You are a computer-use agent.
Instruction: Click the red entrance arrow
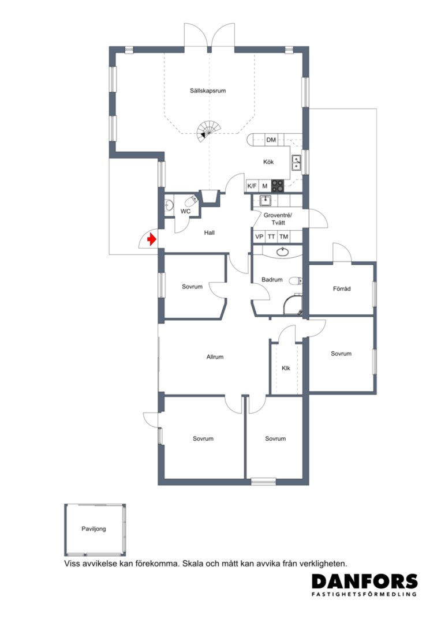coord(151,239)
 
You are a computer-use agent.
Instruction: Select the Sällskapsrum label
coord(208,91)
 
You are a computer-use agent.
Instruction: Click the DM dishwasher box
coord(271,140)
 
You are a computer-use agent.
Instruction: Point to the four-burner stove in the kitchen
coord(278,186)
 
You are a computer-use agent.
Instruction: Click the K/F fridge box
coord(252,186)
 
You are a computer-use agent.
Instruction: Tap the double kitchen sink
coord(297,162)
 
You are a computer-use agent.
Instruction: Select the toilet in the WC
coord(192,199)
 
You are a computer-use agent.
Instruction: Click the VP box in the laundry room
coord(259,237)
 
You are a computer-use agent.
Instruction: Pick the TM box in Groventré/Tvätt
coord(283,237)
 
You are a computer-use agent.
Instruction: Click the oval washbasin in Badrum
coord(283,252)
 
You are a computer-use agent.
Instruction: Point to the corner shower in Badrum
coord(293,304)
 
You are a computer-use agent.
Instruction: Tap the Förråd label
coord(342,289)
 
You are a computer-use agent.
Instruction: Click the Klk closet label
coord(286,368)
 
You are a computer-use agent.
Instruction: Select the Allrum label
coord(215,357)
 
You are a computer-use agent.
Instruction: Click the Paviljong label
coord(94,529)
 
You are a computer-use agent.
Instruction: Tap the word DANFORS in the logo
coord(365,581)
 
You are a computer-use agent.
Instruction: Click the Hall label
coord(209,232)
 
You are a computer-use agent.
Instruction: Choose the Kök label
coord(268,162)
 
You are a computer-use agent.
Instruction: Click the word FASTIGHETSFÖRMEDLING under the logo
coord(364,594)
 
